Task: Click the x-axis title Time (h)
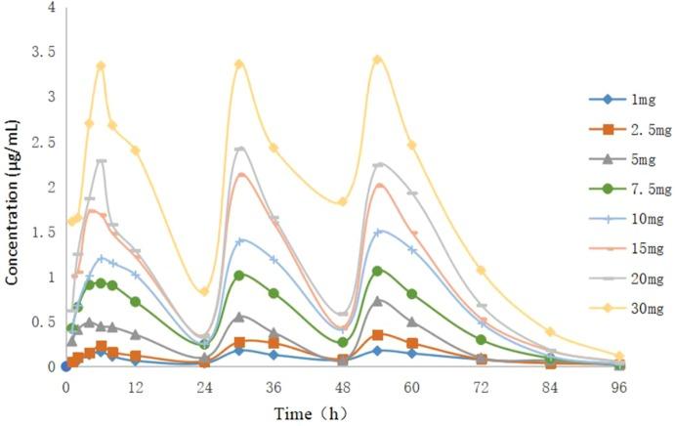click(x=309, y=412)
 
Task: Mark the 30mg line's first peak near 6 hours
click(x=101, y=65)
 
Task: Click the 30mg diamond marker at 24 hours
click(x=204, y=291)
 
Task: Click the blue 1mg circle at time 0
click(x=65, y=366)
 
